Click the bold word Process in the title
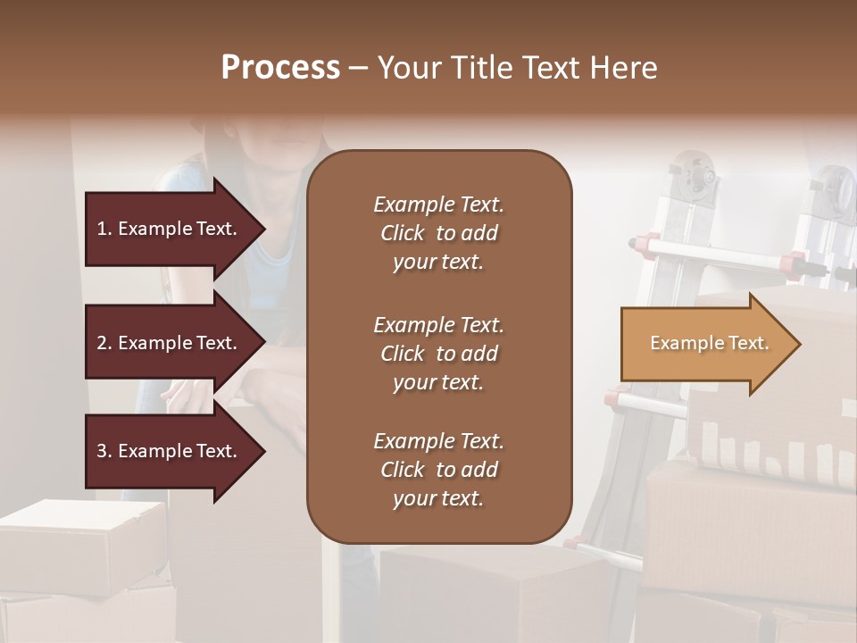pyautogui.click(x=280, y=68)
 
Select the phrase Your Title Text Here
pyautogui.click(x=517, y=68)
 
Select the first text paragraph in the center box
pyautogui.click(x=438, y=233)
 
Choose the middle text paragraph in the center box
pyautogui.click(x=438, y=354)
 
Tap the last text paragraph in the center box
pyautogui.click(x=438, y=470)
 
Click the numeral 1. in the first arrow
pyautogui.click(x=104, y=229)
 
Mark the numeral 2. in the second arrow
pyautogui.click(x=104, y=343)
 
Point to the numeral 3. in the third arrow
pyautogui.click(x=104, y=451)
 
